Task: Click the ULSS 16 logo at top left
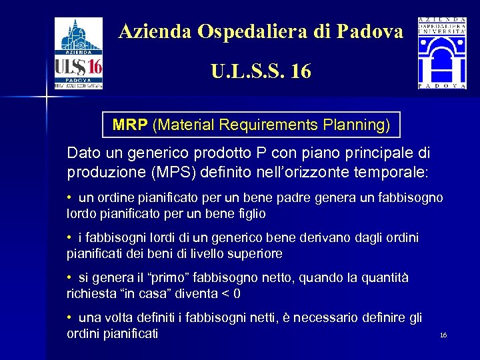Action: click(x=79, y=53)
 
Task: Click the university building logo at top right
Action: click(x=441, y=53)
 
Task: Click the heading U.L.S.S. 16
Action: click(x=261, y=71)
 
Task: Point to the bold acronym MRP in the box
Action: click(x=131, y=125)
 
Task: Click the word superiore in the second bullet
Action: click(x=255, y=253)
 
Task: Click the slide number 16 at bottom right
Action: click(x=443, y=335)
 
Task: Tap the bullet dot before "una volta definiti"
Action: click(x=69, y=317)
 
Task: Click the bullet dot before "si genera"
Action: click(x=69, y=277)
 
